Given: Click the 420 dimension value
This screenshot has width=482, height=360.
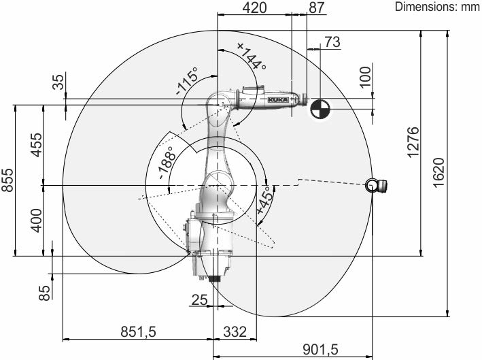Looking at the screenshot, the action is coord(254,7).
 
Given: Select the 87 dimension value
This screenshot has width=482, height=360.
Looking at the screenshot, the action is coord(317,7).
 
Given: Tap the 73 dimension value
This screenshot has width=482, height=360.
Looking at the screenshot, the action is coord(332,42).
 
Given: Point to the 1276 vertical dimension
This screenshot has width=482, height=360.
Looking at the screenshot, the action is coord(413,142).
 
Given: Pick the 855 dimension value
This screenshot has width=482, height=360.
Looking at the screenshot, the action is coord(7,180).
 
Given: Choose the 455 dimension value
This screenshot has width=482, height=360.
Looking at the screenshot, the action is coord(36,145).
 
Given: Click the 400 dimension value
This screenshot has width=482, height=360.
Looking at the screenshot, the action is coord(36,220).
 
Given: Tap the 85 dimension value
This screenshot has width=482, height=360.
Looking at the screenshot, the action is coord(45,293).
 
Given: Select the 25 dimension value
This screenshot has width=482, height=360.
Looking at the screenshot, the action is coord(199,299).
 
